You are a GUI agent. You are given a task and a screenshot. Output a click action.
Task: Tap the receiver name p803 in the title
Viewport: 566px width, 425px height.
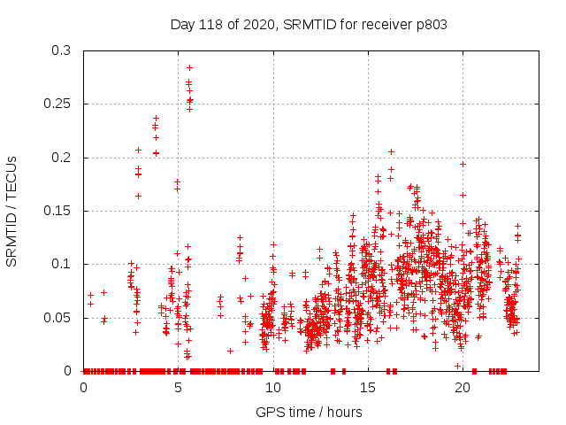pos(429,25)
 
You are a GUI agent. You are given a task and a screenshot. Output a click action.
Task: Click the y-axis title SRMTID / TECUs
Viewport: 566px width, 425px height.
pos(12,211)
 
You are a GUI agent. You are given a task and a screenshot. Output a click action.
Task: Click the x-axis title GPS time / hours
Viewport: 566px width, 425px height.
pos(309,412)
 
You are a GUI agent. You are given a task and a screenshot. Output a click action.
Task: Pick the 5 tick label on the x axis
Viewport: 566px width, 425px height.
pos(179,387)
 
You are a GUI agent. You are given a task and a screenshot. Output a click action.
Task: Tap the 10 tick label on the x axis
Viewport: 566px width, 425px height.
pos(273,387)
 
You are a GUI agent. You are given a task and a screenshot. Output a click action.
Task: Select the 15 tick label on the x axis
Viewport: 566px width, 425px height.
pos(368,387)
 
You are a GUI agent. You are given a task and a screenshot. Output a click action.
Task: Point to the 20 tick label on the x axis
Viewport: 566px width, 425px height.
pos(463,387)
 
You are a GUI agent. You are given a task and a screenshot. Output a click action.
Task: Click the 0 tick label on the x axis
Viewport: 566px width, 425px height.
pos(84,387)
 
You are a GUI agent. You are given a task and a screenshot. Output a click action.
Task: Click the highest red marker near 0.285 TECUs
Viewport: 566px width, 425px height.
pos(189,67)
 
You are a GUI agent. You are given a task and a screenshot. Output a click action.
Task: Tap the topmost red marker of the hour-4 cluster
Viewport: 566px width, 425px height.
pos(157,118)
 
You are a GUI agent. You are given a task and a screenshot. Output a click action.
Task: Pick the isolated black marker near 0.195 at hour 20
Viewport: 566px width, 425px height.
pos(463,164)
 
